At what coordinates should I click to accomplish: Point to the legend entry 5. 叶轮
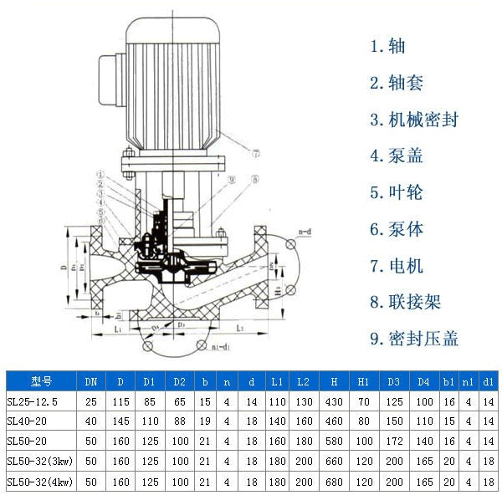pos(397,192)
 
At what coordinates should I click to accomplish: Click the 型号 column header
pos(41,381)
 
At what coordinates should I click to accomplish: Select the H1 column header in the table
pos(363,381)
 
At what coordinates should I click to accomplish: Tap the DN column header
pos(90,381)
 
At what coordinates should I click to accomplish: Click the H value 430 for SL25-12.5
pos(333,401)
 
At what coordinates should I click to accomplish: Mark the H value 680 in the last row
pos(333,482)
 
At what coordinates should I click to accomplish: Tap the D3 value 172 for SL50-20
pos(393,441)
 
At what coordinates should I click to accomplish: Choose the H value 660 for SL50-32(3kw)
pos(333,462)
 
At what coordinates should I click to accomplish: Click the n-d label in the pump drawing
pos(303,232)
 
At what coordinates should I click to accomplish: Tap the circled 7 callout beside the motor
pos(255,152)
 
